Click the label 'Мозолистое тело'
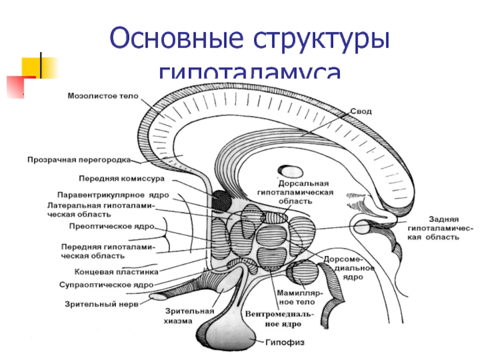pyautogui.click(x=103, y=95)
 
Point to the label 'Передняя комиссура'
pyautogui.click(x=118, y=178)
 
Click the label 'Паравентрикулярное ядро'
pyautogui.click(x=113, y=195)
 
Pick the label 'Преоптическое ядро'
pyautogui.click(x=109, y=227)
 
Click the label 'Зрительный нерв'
pyautogui.click(x=101, y=304)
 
